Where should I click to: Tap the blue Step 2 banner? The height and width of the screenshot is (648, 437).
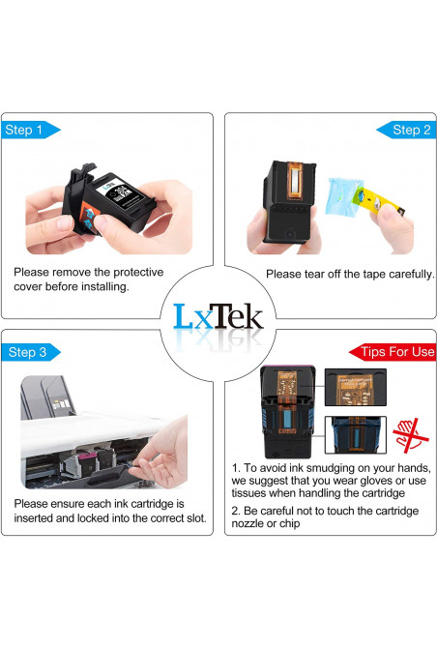point(406,130)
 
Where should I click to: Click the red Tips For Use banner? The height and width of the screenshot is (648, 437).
point(393,352)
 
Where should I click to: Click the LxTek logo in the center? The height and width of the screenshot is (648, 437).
point(218,317)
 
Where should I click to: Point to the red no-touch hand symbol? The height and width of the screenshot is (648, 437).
point(410,435)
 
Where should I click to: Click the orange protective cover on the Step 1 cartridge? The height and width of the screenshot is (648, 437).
point(88,217)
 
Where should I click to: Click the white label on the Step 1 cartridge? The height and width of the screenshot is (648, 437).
point(120,192)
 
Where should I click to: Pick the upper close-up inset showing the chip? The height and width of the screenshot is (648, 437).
point(355,387)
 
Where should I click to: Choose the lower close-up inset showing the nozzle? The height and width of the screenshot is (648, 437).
point(355,435)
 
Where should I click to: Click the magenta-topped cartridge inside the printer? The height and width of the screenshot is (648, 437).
point(87,462)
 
